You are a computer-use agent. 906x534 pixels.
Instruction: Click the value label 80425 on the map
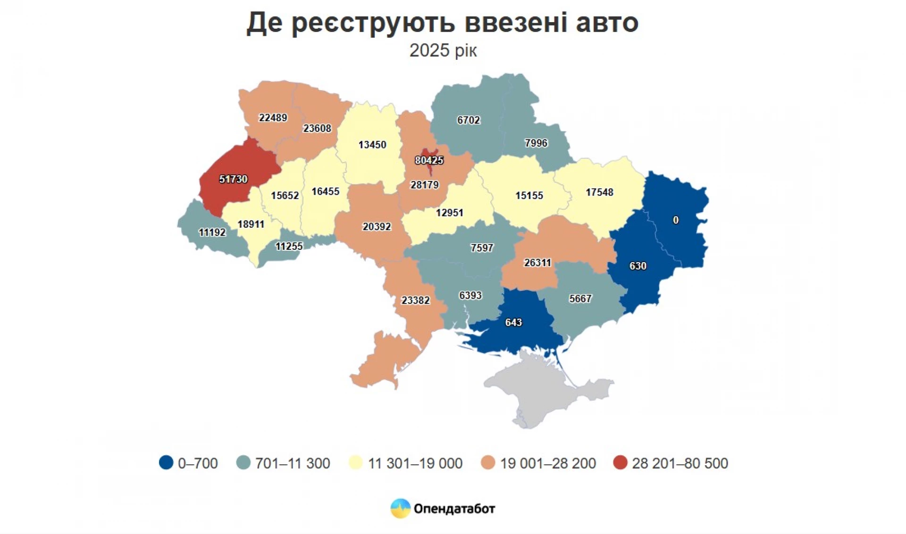[429, 160]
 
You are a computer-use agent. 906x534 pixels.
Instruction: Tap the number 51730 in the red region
[233, 179]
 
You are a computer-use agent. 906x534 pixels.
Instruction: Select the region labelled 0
[676, 220]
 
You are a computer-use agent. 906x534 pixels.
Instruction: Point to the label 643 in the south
[513, 322]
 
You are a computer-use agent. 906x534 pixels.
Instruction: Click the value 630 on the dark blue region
[638, 266]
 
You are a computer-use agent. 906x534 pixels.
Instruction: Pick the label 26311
[537, 263]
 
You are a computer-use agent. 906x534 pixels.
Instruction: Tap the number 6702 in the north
[468, 120]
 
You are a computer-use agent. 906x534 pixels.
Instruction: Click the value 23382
[415, 300]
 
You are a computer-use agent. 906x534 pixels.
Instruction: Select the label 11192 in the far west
[212, 232]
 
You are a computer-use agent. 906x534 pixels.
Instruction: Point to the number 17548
[599, 192]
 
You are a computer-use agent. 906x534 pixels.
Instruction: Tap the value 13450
[372, 145]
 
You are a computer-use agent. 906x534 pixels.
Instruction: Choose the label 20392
[377, 227]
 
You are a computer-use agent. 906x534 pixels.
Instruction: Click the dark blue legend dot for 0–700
[166, 463]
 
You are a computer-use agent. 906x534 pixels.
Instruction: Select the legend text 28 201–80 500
[679, 463]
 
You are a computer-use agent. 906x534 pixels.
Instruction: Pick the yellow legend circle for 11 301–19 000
[355, 463]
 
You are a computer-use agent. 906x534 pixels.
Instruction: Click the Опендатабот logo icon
[400, 509]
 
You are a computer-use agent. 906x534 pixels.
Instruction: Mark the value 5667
[580, 298]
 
